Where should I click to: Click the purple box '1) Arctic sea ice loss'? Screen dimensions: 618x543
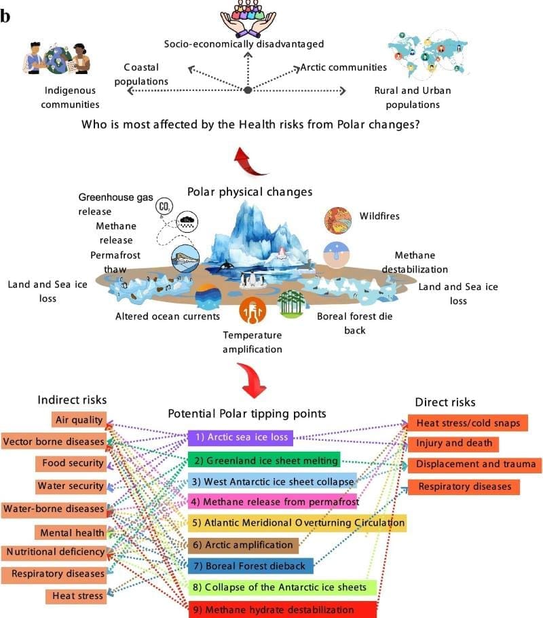[x=240, y=438]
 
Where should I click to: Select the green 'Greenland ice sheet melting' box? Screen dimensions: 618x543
[x=265, y=460]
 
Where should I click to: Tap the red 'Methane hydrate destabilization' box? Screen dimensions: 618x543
[x=281, y=609]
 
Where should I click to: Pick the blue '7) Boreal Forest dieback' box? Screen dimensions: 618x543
[x=250, y=565]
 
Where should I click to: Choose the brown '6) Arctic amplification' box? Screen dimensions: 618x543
[x=243, y=545]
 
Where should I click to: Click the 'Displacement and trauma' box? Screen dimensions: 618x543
[x=475, y=465]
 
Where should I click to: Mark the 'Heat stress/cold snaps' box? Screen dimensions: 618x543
[x=468, y=423]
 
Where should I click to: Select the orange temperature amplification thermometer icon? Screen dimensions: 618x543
[x=251, y=310]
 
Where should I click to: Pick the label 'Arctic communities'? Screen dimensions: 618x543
[x=343, y=67]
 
